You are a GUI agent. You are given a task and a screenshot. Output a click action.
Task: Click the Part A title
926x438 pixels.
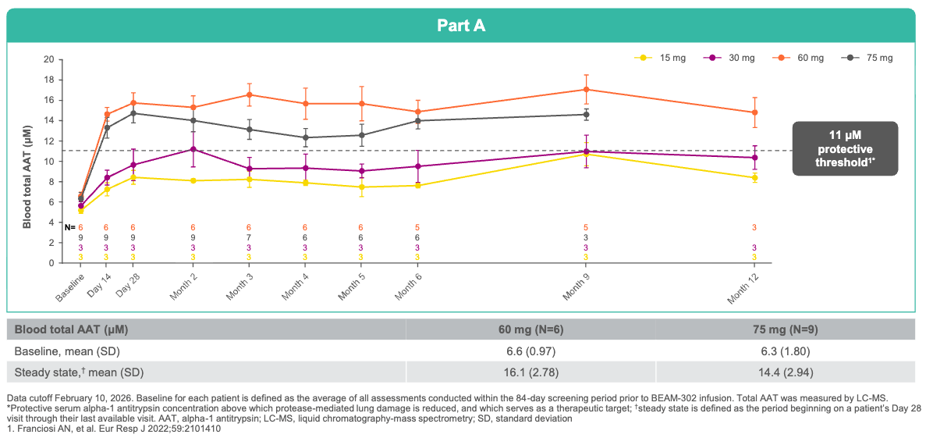tap(461, 26)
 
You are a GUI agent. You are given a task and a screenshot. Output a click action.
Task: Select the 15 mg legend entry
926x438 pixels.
tap(660, 58)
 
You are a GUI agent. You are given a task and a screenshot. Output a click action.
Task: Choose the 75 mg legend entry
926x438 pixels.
tap(868, 58)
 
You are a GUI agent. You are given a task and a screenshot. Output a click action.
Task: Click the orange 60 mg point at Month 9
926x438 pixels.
tap(587, 89)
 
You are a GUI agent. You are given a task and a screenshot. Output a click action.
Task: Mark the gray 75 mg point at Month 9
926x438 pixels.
tap(587, 115)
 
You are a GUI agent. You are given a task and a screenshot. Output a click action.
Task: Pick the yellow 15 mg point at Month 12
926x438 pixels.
tap(754, 177)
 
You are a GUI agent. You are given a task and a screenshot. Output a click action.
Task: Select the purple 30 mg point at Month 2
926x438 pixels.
tap(193, 149)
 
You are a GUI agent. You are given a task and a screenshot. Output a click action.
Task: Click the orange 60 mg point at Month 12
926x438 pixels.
tap(754, 112)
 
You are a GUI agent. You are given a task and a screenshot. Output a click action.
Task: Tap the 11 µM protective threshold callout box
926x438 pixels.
tap(845, 148)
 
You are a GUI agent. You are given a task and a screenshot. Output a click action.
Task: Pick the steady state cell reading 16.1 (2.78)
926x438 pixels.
tap(530, 372)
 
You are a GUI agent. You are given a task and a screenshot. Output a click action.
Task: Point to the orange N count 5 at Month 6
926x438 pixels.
tap(417, 227)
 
